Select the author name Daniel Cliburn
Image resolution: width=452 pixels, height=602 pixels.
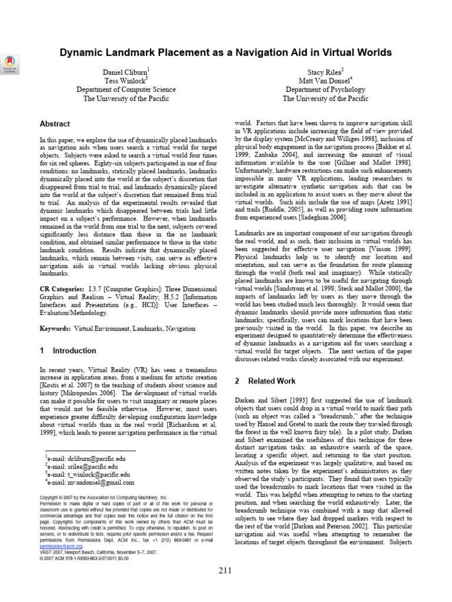(x=126, y=71)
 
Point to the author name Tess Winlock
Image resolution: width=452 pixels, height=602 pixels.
(x=126, y=80)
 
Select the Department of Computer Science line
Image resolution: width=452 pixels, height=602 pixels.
(x=126, y=89)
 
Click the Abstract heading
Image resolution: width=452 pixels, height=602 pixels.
(x=54, y=124)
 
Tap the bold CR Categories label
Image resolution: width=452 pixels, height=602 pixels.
(x=61, y=290)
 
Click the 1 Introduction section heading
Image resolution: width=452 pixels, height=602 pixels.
(x=68, y=351)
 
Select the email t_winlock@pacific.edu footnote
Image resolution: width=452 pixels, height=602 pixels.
(x=88, y=474)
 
